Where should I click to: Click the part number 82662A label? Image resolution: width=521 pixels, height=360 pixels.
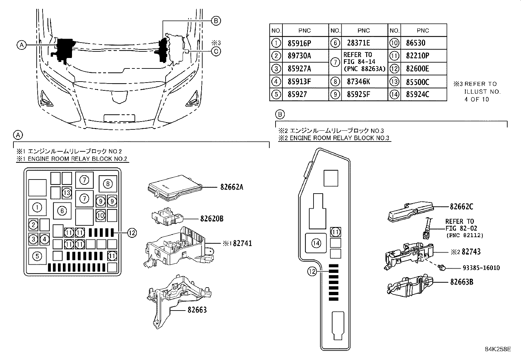[231, 187]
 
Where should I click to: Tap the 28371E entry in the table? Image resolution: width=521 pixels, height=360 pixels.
[359, 43]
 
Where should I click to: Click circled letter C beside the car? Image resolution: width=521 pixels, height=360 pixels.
[216, 51]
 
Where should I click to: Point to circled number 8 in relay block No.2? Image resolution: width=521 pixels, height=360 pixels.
[108, 184]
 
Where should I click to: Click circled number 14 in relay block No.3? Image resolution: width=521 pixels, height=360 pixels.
[316, 243]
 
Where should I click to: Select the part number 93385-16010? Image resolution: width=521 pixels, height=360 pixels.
[481, 268]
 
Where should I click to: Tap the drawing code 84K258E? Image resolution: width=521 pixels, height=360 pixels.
[498, 349]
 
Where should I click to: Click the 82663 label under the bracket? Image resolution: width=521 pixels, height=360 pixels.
[197, 310]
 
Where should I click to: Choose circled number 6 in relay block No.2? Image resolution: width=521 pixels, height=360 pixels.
[62, 211]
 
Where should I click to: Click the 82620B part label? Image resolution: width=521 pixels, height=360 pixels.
[211, 218]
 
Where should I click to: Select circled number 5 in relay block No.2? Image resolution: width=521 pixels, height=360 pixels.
[37, 256]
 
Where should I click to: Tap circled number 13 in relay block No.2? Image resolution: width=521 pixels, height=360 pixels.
[67, 193]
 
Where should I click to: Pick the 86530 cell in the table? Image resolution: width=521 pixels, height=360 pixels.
[416, 43]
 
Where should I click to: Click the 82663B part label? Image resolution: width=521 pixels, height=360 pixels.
[461, 282]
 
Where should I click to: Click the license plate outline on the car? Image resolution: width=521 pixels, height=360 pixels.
[119, 118]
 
